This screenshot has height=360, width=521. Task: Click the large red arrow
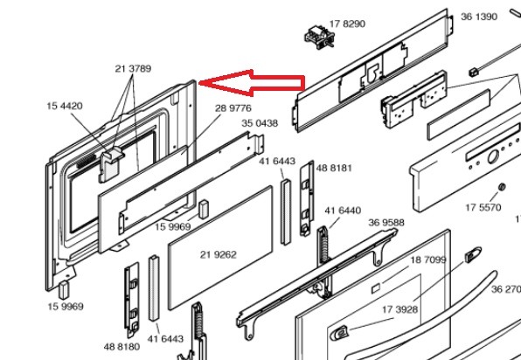[252, 83]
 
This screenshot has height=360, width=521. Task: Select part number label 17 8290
[347, 24]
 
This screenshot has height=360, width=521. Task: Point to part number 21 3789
[133, 69]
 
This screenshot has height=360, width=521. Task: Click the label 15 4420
[65, 106]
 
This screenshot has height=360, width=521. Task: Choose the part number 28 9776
[233, 108]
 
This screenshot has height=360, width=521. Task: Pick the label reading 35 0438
[260, 123]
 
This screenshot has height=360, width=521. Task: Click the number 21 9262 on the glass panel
[219, 255]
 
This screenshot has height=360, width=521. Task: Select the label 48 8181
[334, 168]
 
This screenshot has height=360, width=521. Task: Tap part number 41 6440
[343, 211]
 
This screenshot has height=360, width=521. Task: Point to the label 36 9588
[386, 223]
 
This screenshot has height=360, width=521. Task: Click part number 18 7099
[428, 260]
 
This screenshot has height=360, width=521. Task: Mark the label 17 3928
[399, 310]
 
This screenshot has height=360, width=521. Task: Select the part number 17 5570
[483, 208]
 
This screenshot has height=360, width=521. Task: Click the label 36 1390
[479, 17]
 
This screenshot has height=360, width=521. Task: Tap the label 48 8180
[122, 347]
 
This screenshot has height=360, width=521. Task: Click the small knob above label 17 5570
[502, 187]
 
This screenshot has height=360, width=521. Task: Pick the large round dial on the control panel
[493, 156]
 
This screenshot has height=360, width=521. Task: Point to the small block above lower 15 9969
[64, 289]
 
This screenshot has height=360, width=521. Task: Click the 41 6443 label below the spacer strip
[165, 339]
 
